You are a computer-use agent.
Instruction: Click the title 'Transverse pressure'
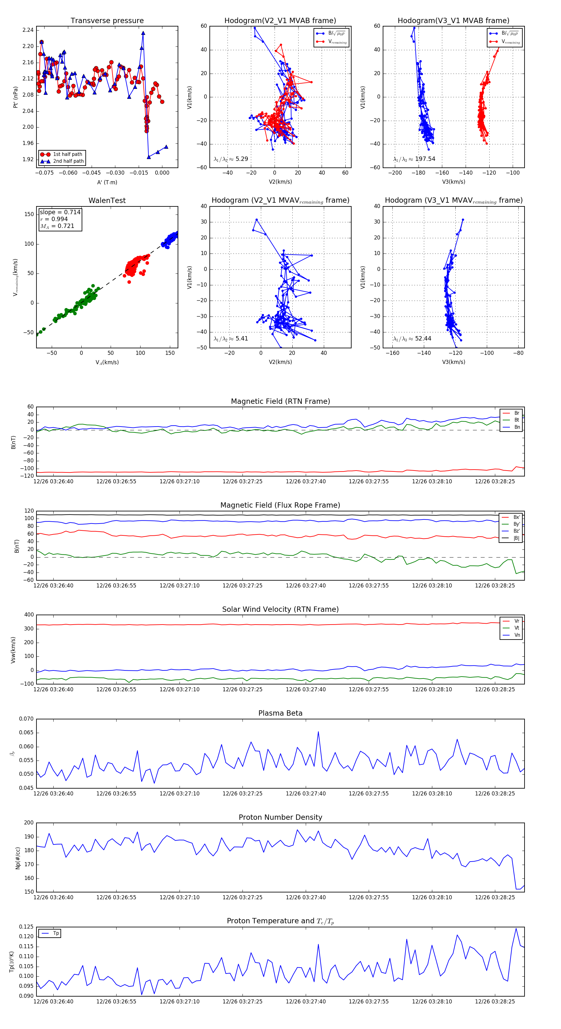click(x=107, y=21)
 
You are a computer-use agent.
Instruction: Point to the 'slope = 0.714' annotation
click(x=60, y=212)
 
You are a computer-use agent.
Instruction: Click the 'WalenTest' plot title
click(x=107, y=200)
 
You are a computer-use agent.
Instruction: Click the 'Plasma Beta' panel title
click(x=280, y=713)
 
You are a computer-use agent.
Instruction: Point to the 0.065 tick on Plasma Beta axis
click(x=26, y=732)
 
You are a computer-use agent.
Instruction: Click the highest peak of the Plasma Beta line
click(x=318, y=732)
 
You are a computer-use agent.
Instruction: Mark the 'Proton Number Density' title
click(x=280, y=817)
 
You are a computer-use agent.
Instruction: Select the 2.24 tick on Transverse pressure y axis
click(x=28, y=30)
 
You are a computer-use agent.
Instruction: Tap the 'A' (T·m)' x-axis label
click(x=107, y=182)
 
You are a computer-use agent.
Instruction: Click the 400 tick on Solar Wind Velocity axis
click(x=29, y=615)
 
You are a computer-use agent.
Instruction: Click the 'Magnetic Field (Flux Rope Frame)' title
click(x=280, y=505)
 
